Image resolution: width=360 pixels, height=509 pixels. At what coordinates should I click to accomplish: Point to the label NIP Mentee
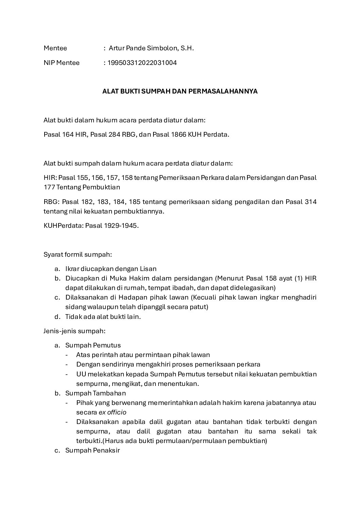62,63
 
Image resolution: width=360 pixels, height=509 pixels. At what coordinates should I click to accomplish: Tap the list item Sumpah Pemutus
93,345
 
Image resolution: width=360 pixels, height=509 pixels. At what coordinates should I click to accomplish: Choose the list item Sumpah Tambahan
96,393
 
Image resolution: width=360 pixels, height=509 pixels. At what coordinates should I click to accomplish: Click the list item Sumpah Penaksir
93,451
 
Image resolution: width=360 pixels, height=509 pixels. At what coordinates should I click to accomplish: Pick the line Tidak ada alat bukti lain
103,317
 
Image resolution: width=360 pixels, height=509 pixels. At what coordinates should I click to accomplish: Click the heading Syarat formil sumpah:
78,254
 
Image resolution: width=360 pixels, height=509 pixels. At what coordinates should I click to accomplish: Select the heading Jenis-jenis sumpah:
75,330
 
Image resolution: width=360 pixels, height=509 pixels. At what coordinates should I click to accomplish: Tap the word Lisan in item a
149,269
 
